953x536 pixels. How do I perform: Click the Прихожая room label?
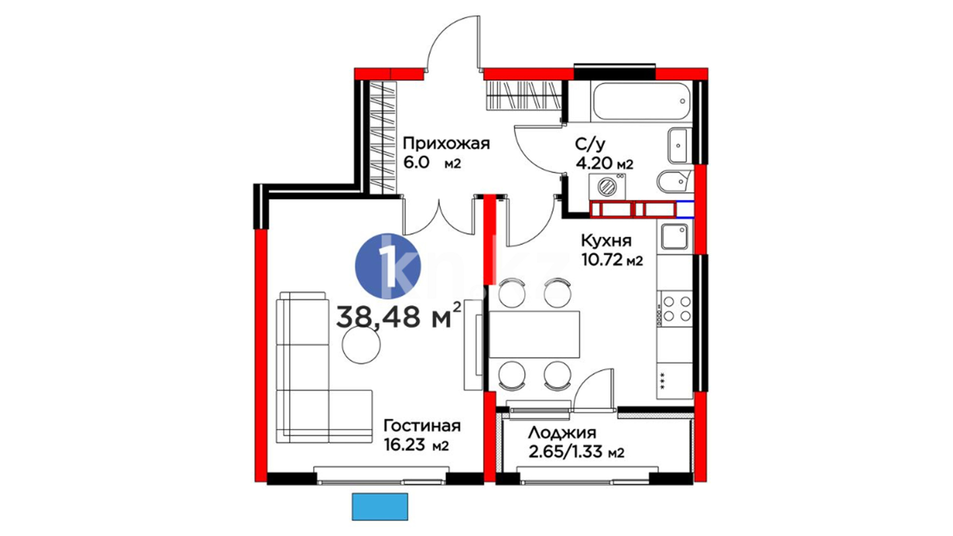coord(446,144)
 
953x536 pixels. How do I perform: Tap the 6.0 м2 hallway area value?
coord(432,163)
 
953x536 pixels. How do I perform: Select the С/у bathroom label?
coord(590,145)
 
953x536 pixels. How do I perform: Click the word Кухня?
coord(606,241)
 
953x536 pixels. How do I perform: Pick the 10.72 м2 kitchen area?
coord(612,260)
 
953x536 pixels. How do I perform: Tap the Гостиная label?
coord(422,426)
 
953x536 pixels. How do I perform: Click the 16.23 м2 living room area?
coord(416,445)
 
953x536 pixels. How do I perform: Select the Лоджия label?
coord(562,434)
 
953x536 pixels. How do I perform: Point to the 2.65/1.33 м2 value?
coord(576,452)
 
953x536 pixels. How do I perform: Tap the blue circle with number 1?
coord(388,267)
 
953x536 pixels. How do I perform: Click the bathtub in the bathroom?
coord(641,101)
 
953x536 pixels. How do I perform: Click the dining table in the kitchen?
coord(535,335)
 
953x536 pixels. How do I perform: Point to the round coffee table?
coord(362,345)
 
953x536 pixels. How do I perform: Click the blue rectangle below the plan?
coord(380,507)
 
